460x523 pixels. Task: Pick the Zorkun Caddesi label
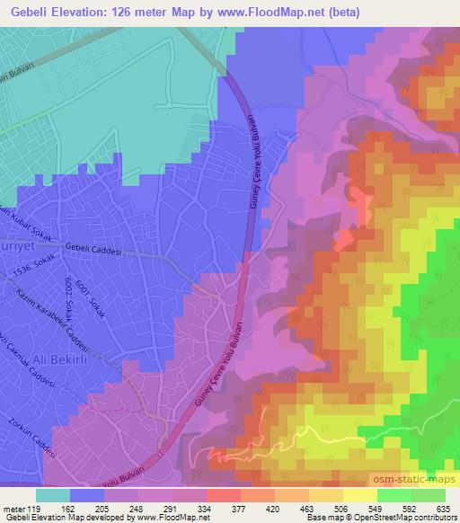tap(30, 439)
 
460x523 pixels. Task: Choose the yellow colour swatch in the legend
tap(359, 495)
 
